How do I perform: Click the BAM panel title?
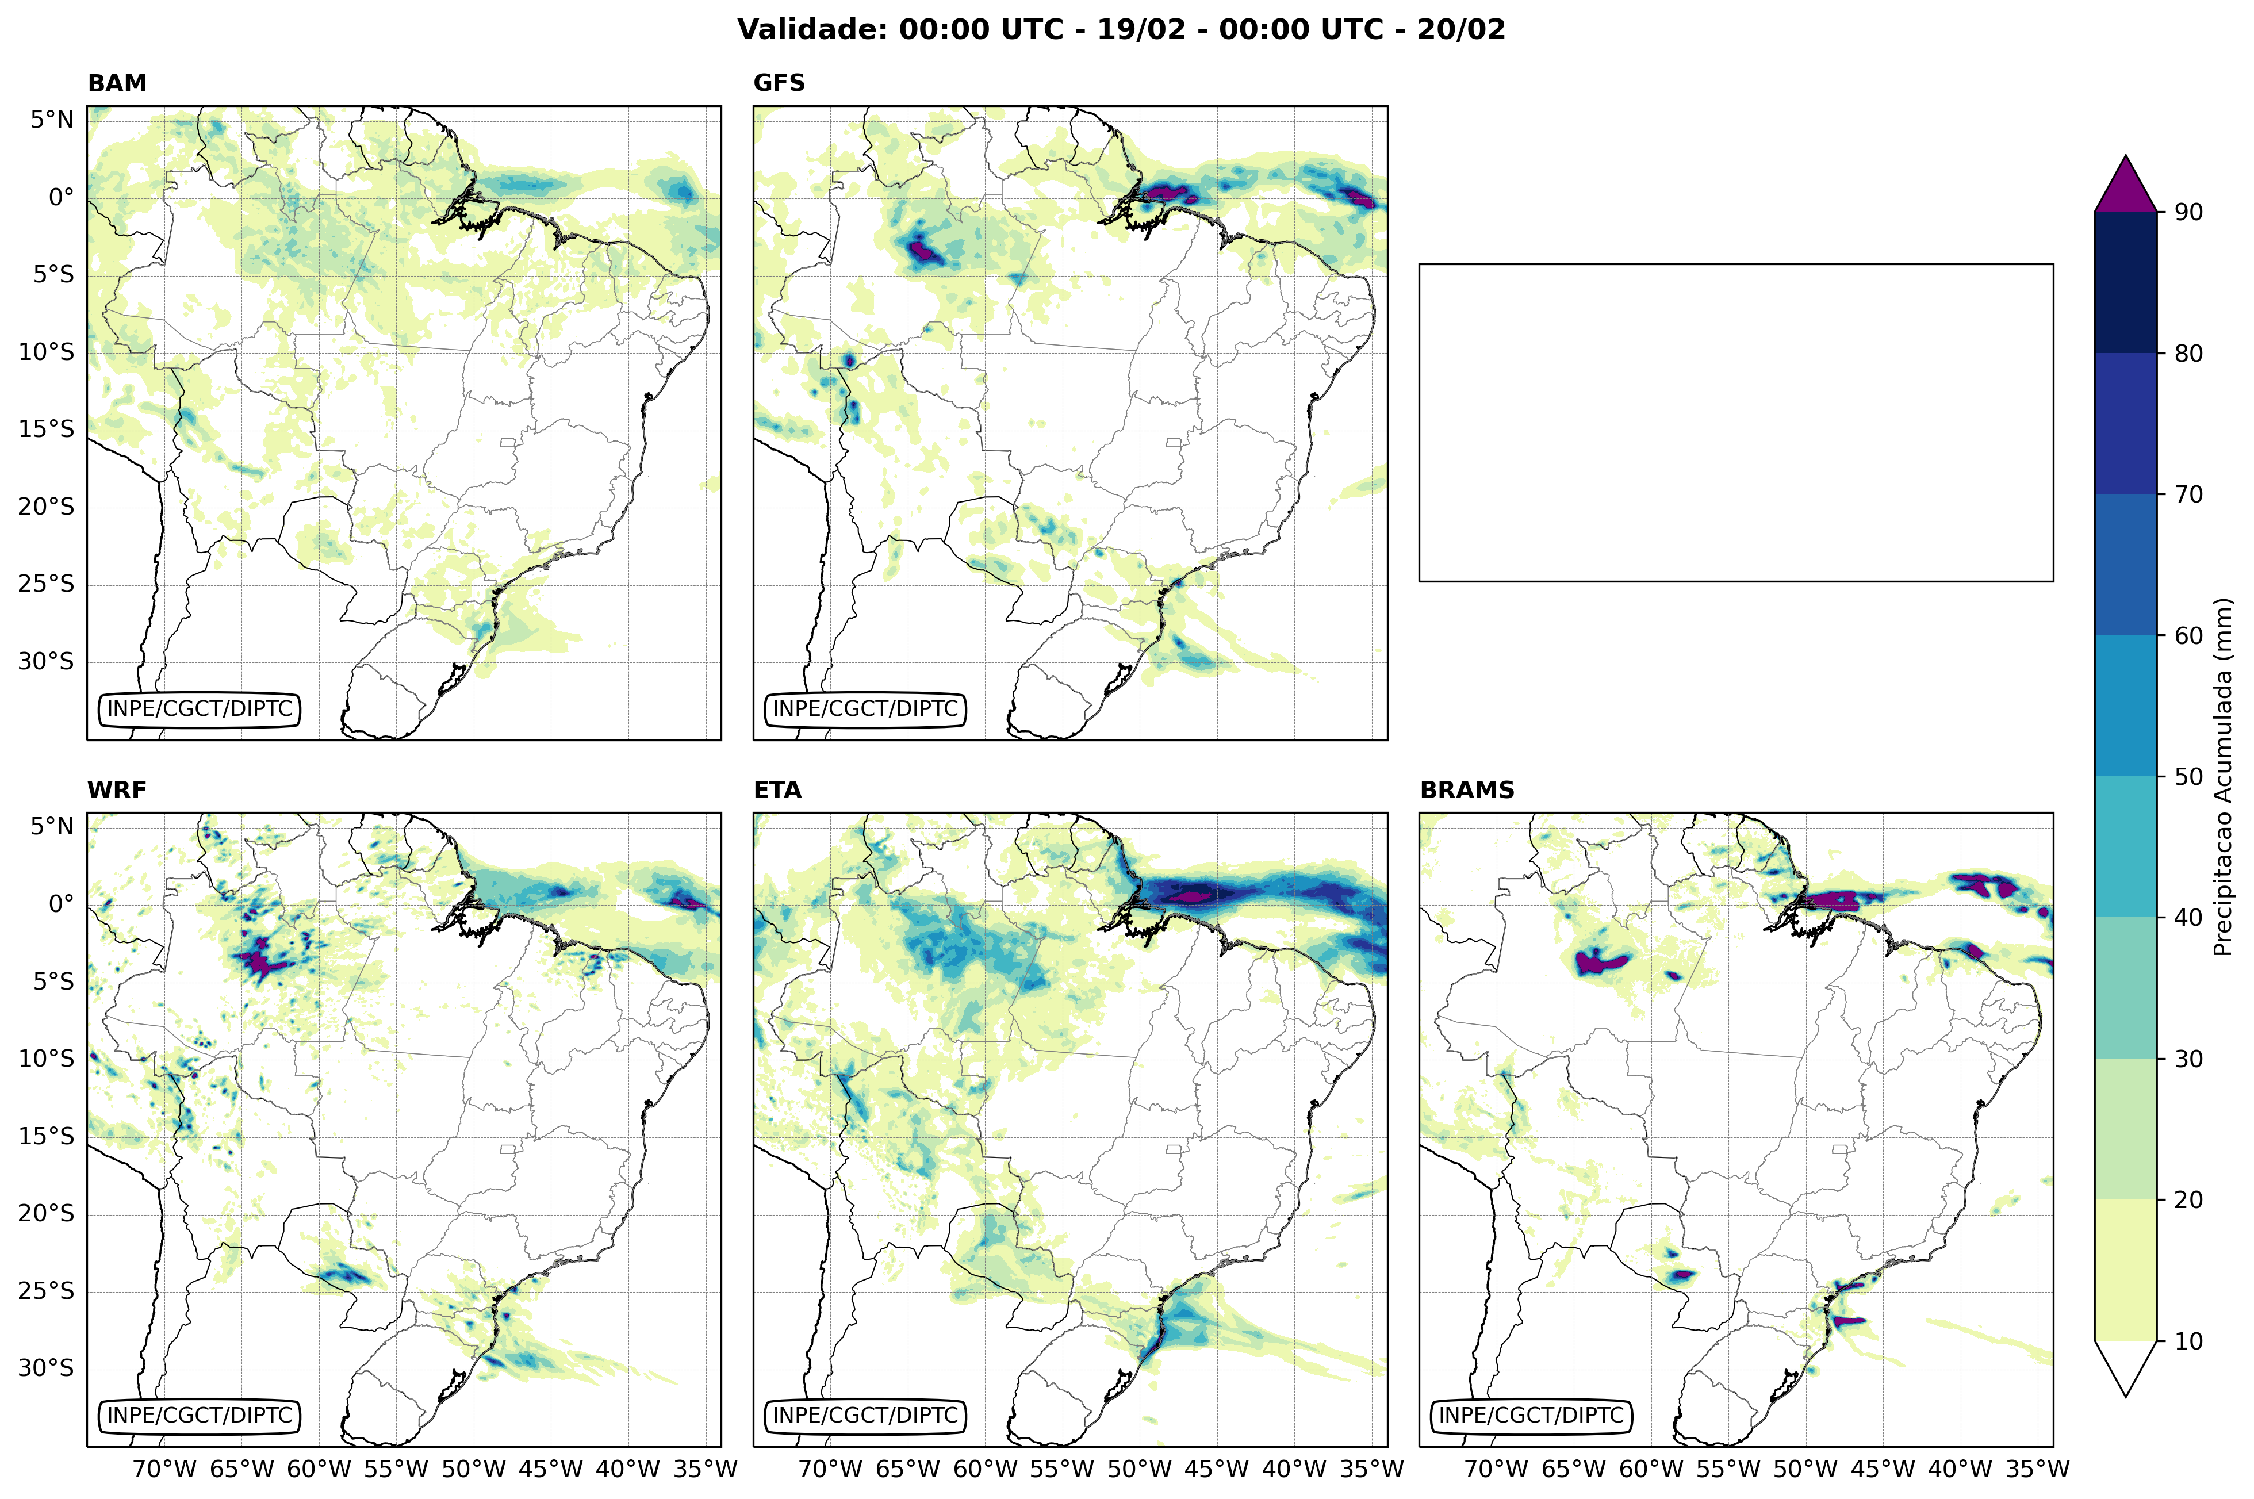coord(117,83)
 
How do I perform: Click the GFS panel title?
coord(779,83)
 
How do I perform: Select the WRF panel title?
coord(117,789)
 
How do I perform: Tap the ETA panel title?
coord(777,789)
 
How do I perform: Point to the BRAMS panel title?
coord(1466,789)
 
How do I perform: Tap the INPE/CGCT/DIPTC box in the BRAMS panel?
coord(1531,1415)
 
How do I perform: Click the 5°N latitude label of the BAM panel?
coord(52,120)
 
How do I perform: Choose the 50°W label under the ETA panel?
coord(1140,1469)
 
